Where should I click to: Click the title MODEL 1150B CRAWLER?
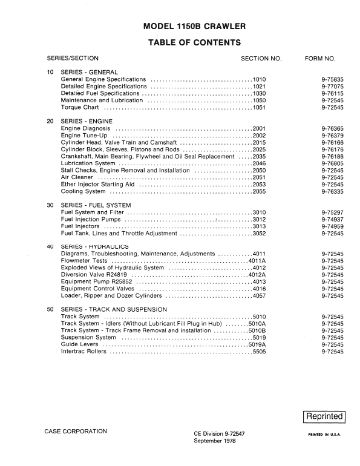[194, 27]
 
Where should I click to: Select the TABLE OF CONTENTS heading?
[194, 42]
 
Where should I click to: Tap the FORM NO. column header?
[320, 59]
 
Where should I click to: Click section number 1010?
[260, 79]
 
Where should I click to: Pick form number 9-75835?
[332, 79]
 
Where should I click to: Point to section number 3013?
[260, 226]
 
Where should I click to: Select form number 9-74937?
[332, 219]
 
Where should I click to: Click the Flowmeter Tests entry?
[85, 261]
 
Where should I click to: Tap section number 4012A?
[259, 275]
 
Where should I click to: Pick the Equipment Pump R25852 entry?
[97, 281]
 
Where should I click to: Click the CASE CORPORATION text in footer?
[76, 431]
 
